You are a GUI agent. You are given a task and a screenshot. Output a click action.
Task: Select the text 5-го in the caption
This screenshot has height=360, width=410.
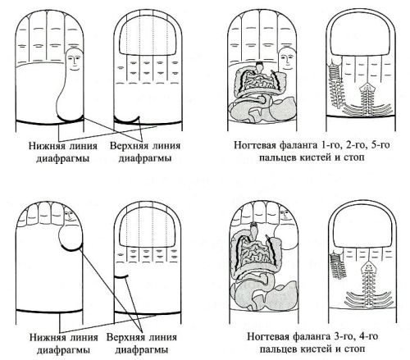[x=380, y=144]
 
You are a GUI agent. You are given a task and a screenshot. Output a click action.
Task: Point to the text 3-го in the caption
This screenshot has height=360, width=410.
[x=344, y=336]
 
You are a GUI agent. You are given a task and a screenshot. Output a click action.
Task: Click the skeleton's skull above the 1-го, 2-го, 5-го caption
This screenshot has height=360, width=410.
[x=367, y=87]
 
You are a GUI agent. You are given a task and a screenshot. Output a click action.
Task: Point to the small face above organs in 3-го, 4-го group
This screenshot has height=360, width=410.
[x=285, y=215]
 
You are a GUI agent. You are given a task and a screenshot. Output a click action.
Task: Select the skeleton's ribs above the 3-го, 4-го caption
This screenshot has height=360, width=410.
[x=369, y=300]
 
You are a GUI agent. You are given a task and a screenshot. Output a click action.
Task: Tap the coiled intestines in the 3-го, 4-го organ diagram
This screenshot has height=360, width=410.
[x=256, y=252]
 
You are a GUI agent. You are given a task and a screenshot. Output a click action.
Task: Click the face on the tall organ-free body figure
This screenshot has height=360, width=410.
[x=74, y=61]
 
